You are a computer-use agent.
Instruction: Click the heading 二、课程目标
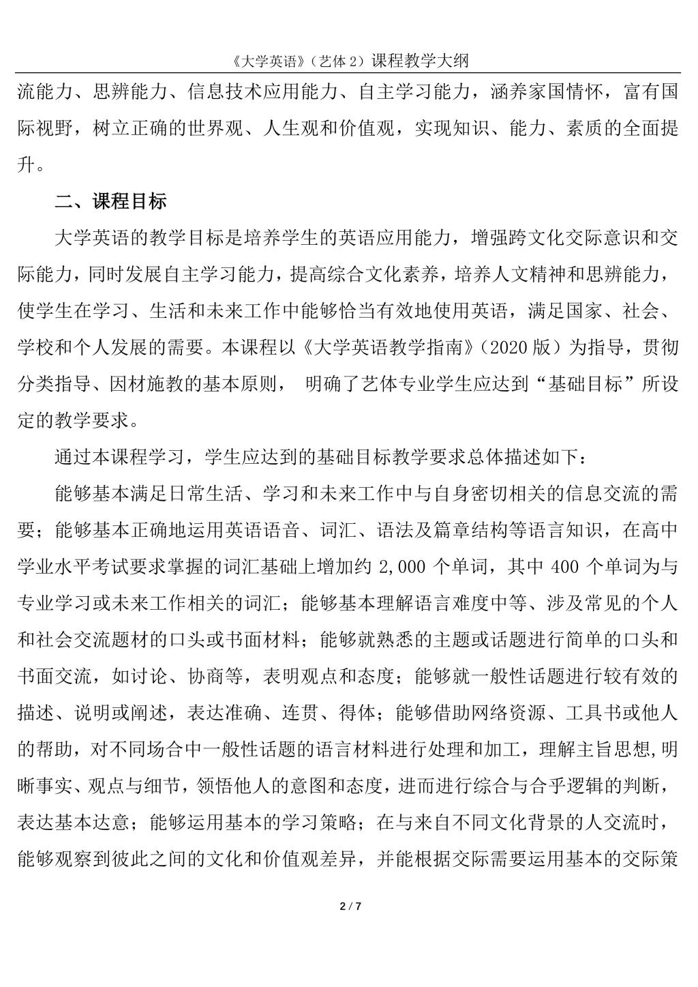pos(110,203)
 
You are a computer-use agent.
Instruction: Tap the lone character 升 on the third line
pos(25,164)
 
